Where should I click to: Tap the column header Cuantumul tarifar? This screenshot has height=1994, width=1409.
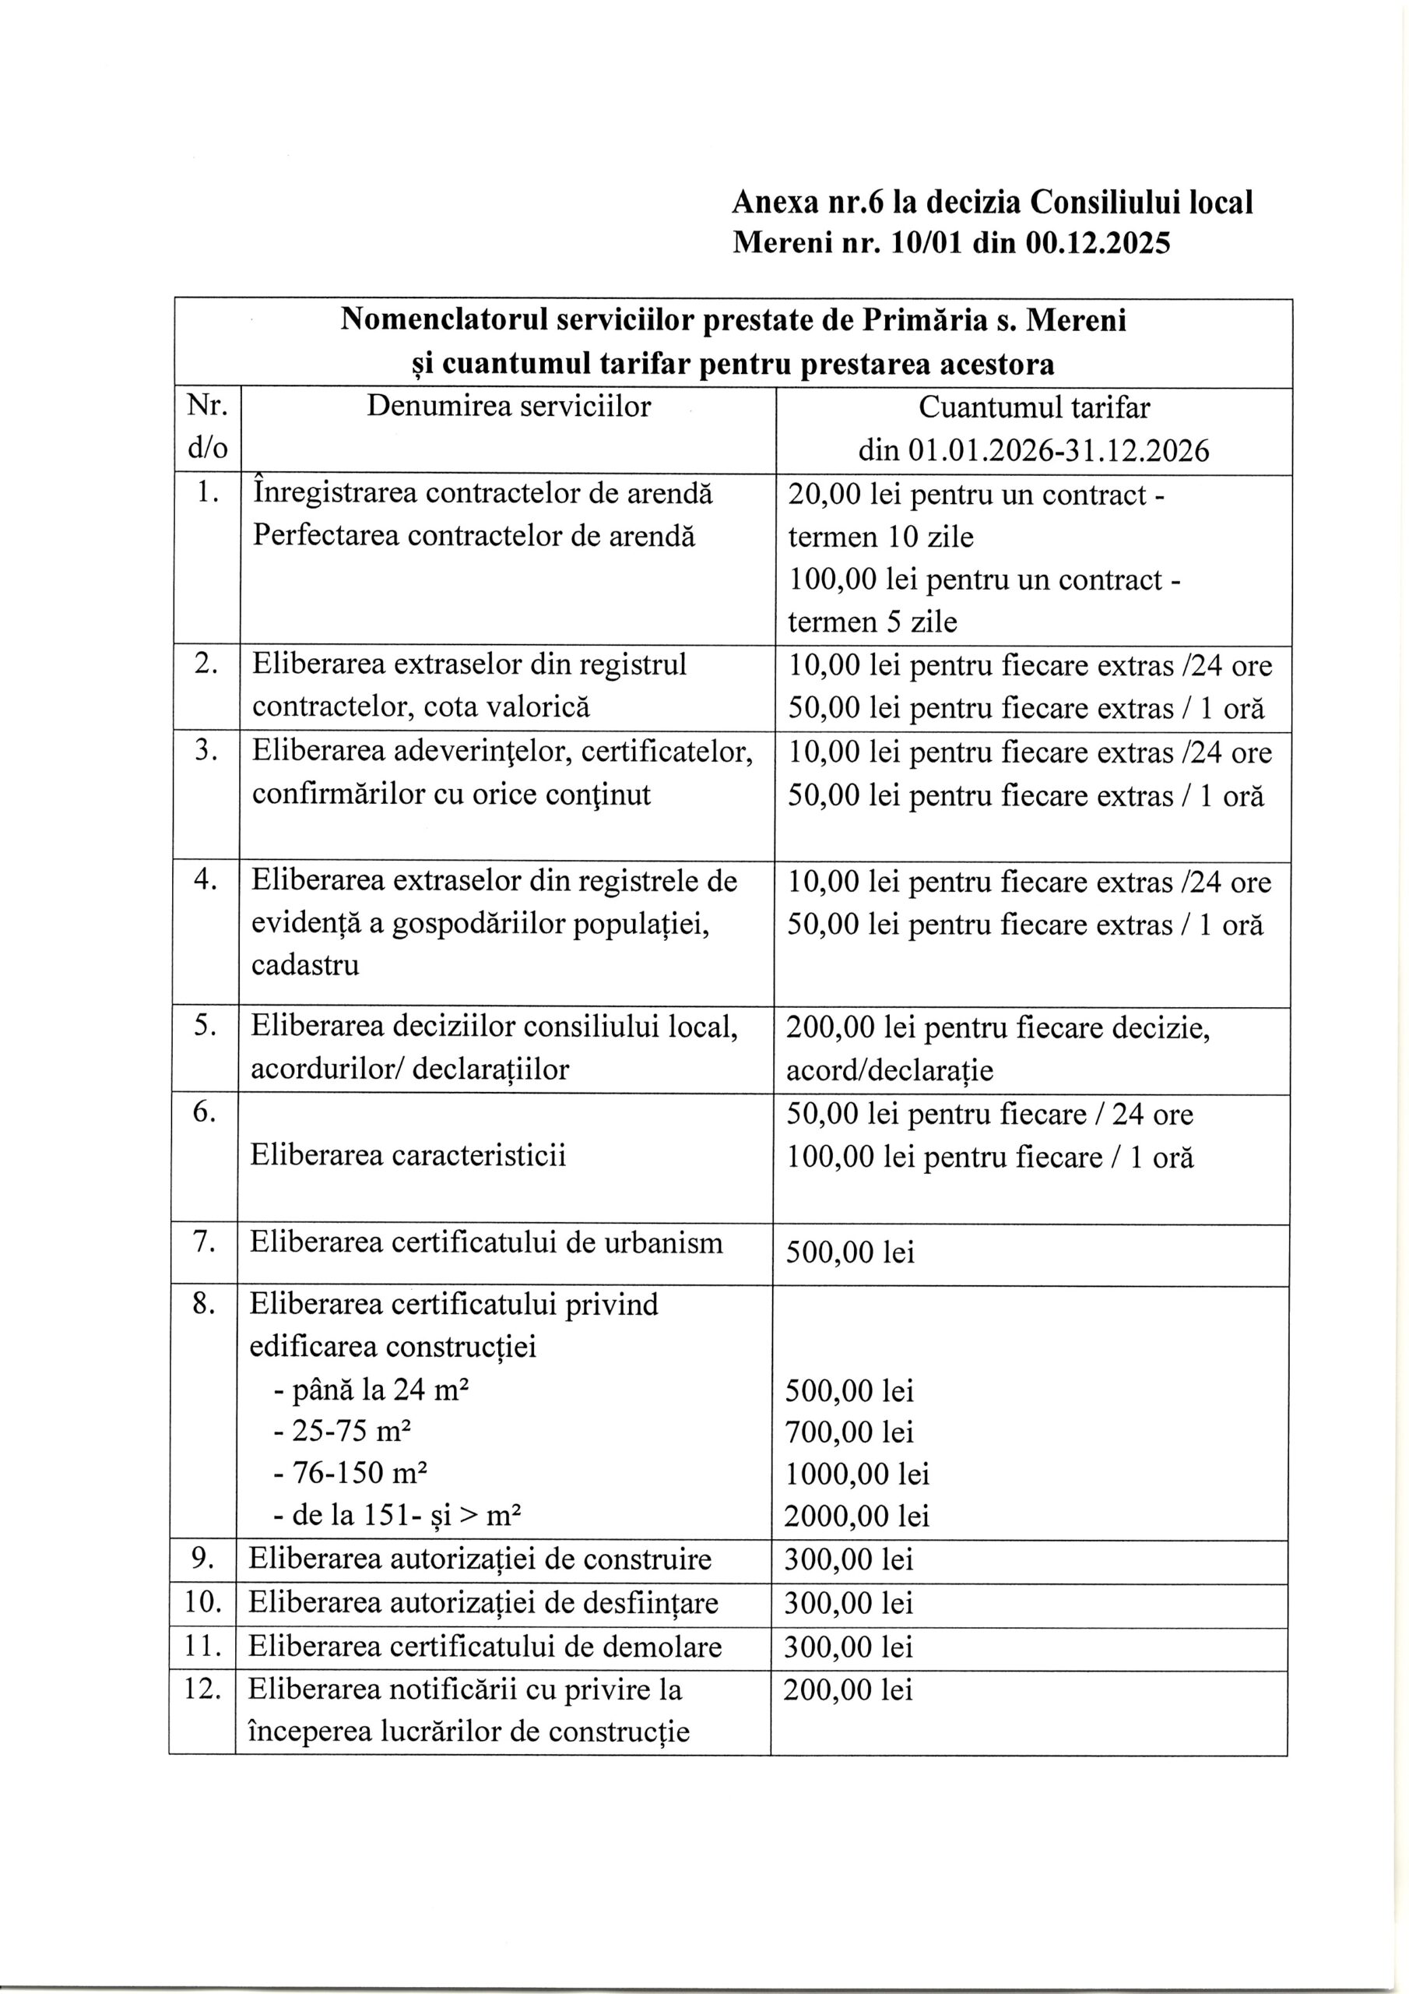click(1034, 407)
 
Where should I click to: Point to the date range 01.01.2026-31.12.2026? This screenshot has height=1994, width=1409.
click(1058, 451)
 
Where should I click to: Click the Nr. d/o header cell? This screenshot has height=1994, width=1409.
click(206, 428)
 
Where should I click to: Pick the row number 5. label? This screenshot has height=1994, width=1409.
click(205, 1026)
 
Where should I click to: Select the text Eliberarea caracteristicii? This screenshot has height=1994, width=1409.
click(408, 1156)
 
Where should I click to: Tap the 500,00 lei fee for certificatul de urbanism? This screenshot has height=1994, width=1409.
click(850, 1252)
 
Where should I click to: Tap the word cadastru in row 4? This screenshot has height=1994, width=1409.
click(304, 965)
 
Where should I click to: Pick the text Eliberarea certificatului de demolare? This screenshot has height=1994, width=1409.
click(485, 1647)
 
